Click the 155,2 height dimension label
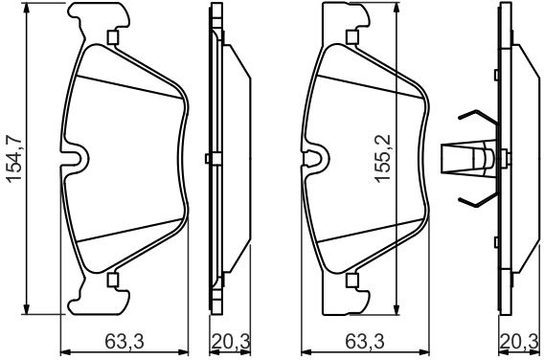[x=383, y=158]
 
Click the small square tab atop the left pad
[x=113, y=37]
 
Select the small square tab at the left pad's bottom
[x=113, y=280]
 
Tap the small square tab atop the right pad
[x=352, y=37]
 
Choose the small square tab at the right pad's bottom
[x=352, y=280]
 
